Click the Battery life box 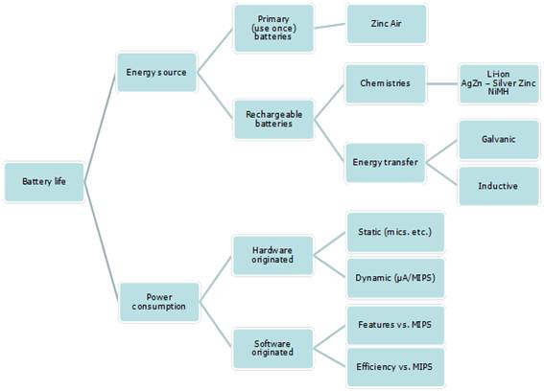(x=44, y=182)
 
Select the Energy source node (x=156, y=72)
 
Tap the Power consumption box (x=159, y=302)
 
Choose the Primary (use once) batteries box (x=273, y=28)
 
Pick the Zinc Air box (x=387, y=24)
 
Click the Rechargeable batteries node (x=273, y=119)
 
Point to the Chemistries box (x=385, y=83)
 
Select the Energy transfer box (x=385, y=163)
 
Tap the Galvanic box (x=499, y=139)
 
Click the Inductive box (x=499, y=186)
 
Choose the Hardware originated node (x=272, y=256)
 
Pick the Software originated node (x=272, y=349)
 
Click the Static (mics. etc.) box (x=395, y=232)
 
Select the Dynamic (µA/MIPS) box (x=395, y=278)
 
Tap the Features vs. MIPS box (x=395, y=325)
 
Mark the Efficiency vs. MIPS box (x=395, y=367)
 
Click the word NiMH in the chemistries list (x=498, y=91)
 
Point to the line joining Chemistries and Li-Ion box (x=442, y=83)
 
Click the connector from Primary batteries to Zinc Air (x=330, y=26)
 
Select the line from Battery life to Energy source (x=100, y=126)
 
